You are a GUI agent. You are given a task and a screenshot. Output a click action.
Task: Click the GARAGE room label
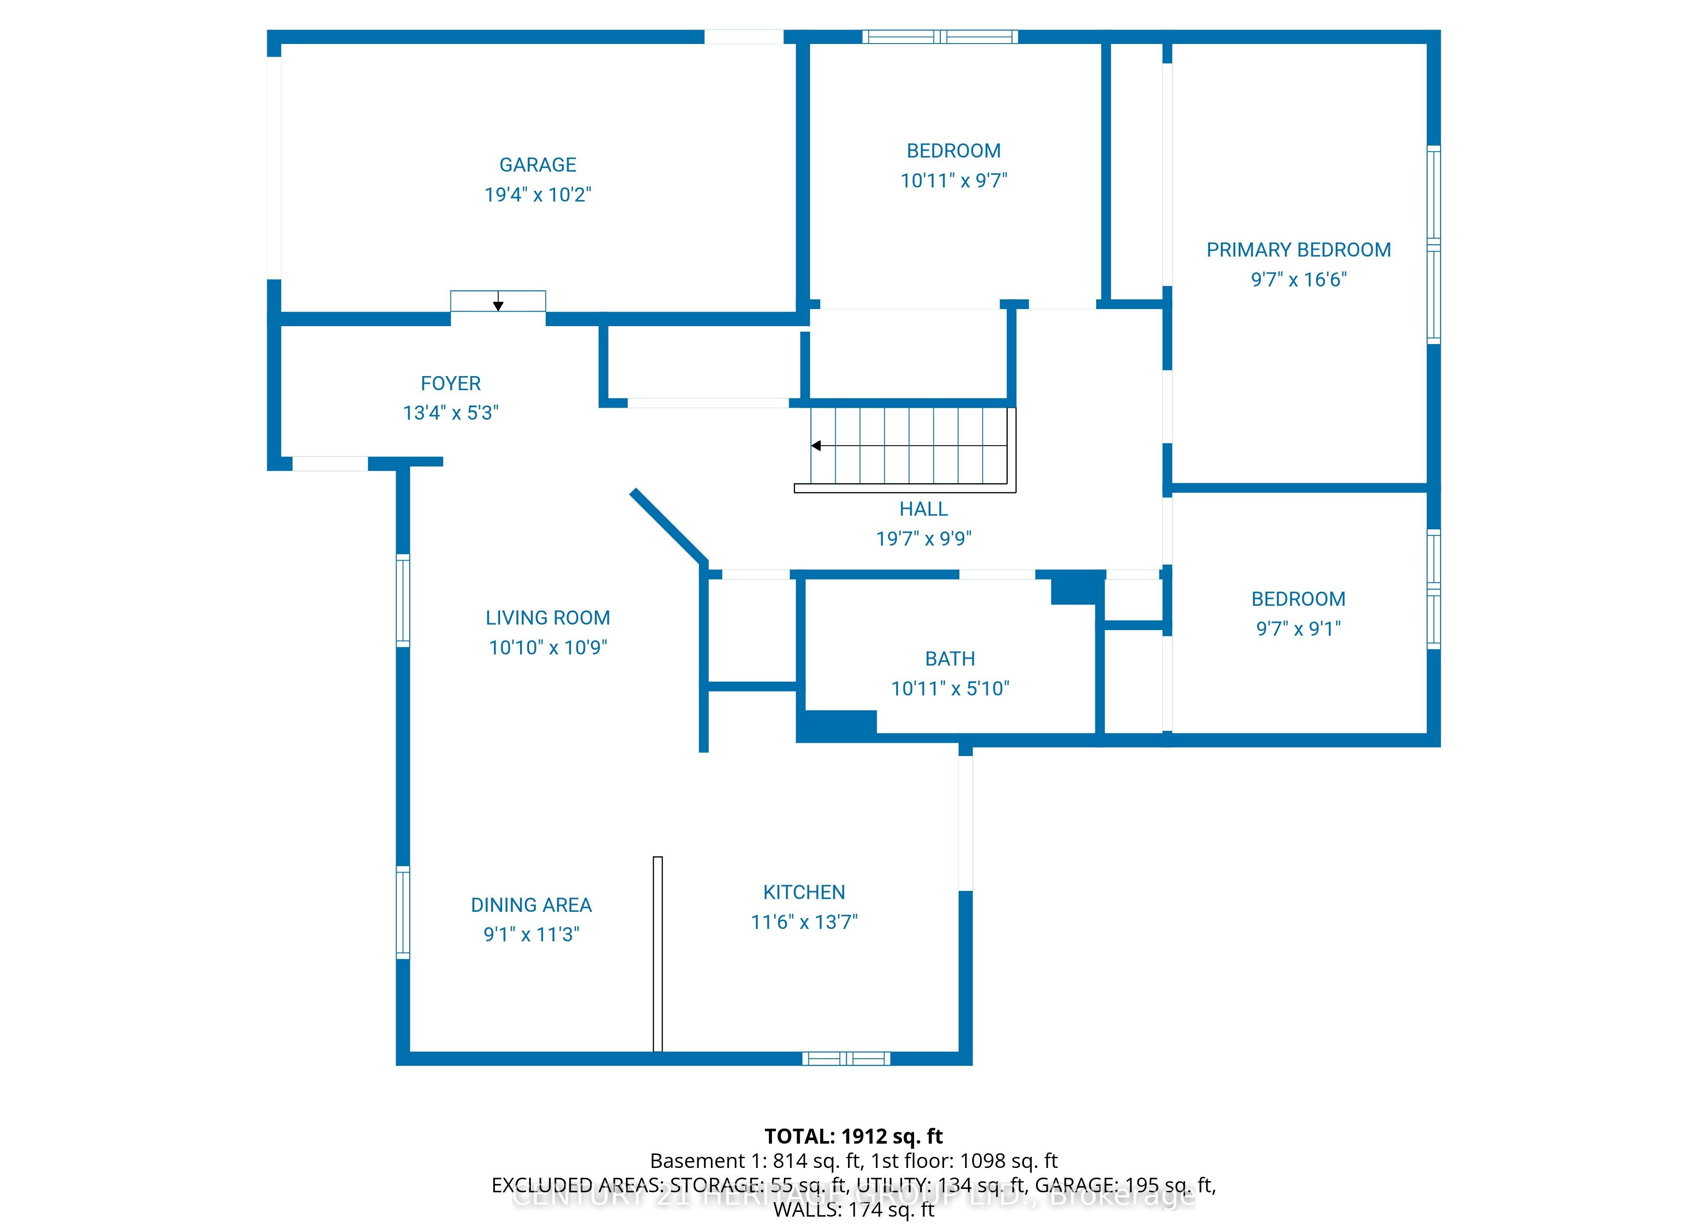tap(538, 165)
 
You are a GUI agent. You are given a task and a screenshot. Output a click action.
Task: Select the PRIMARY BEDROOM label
tap(1299, 250)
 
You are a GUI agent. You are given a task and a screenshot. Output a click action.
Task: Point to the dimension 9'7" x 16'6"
tap(1299, 279)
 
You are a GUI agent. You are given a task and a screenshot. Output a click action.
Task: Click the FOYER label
tap(450, 383)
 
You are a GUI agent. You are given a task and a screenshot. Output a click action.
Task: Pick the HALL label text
tap(923, 509)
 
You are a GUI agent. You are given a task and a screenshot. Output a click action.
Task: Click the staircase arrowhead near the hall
tap(816, 446)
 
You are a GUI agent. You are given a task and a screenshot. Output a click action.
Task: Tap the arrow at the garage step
tap(498, 305)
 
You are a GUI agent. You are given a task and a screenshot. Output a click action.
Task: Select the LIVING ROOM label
tap(547, 618)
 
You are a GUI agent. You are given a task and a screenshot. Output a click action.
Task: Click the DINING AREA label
tap(531, 905)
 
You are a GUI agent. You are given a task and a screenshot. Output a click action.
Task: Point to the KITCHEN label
tap(804, 892)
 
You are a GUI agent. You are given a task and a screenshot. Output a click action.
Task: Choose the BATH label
tap(950, 659)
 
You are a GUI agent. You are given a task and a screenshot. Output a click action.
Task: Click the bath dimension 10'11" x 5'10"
tap(950, 688)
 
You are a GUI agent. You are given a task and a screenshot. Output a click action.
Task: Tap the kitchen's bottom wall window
tap(846, 1059)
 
